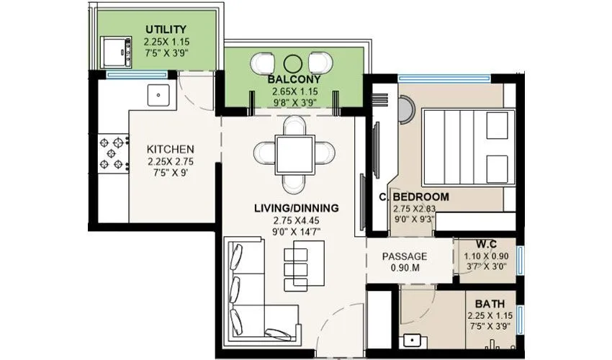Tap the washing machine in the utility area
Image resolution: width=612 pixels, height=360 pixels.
[x=115, y=50]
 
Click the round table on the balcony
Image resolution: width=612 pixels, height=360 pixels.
[x=293, y=63]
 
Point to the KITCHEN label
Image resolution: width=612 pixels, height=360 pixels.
[x=170, y=150]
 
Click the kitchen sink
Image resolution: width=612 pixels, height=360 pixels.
[x=158, y=94]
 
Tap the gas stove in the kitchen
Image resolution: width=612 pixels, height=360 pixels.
[x=111, y=153]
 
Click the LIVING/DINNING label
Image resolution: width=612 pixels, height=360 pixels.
[x=296, y=208]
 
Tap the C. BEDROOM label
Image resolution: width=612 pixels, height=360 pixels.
[x=414, y=197]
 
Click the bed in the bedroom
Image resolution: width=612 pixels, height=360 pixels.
[x=468, y=148]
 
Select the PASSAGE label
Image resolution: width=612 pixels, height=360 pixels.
[x=404, y=256]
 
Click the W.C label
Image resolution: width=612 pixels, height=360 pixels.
[x=486, y=243]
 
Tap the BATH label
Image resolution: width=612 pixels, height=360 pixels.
[x=489, y=304]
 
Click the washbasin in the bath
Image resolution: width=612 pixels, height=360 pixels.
[x=413, y=340]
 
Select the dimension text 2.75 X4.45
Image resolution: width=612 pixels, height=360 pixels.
[x=296, y=220]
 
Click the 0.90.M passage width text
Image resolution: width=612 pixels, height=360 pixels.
[x=404, y=269]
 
